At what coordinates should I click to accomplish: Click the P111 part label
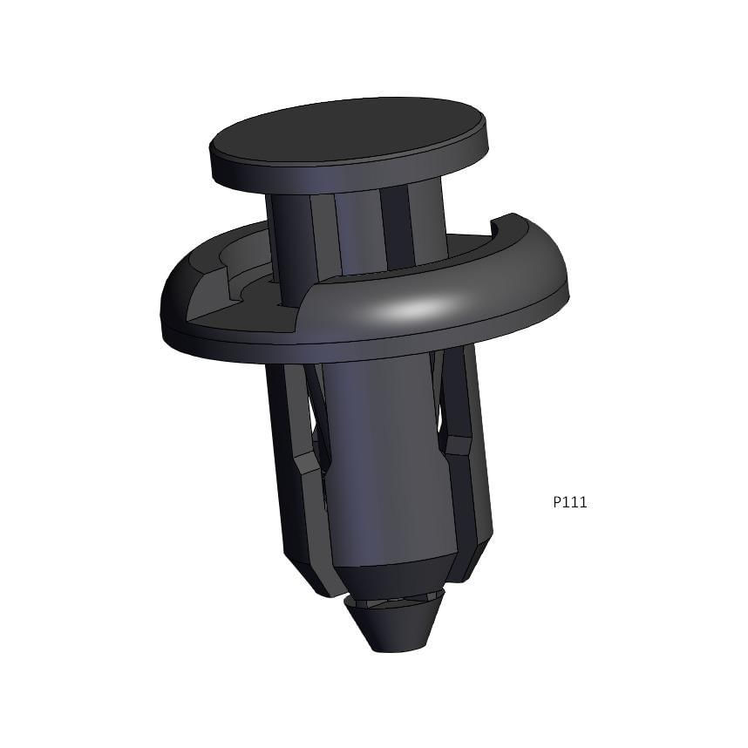tap(570, 502)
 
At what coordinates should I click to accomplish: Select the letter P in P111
tap(557, 502)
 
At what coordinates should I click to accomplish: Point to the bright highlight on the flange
tap(416, 309)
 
